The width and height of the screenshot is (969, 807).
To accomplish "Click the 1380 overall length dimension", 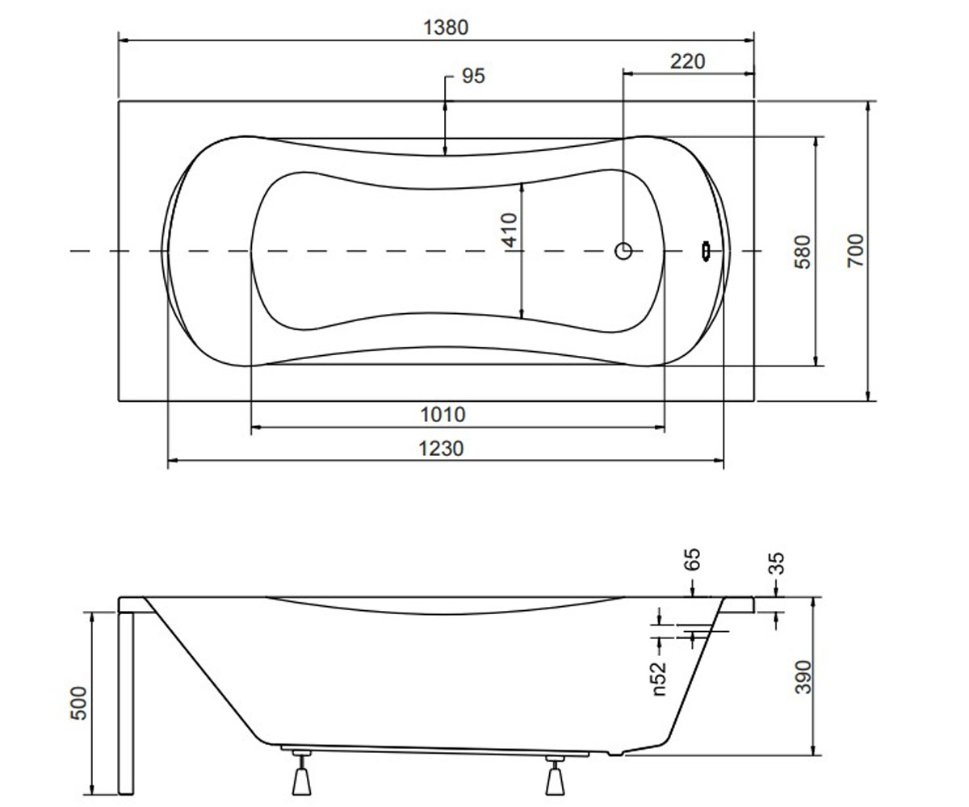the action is pos(446,27).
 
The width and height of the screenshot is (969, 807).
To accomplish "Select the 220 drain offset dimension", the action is pos(687,61).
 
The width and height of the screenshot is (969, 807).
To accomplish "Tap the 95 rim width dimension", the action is pos(473,76).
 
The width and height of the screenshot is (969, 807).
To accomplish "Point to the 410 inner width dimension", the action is pos(510,230).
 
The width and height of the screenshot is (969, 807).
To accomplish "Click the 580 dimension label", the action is pos(803,252).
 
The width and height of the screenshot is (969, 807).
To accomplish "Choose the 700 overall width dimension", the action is pos(856,250).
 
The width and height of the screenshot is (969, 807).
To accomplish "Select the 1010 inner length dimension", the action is pos(443,415).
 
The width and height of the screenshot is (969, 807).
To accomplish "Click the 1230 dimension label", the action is pos(442,449).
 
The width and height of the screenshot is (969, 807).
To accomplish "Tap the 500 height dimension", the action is pos(78,703).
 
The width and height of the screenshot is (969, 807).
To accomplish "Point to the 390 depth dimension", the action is pos(803,677).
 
